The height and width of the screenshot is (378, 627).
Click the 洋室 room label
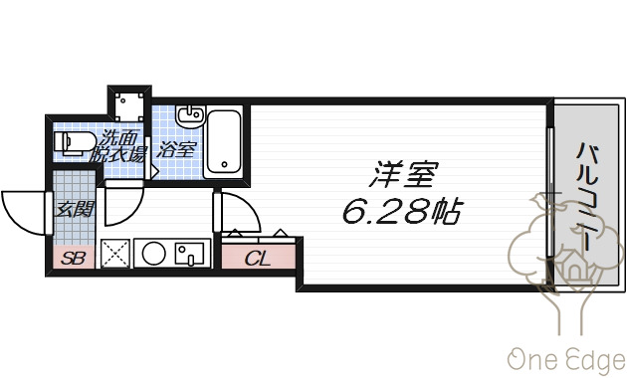[x=405, y=176]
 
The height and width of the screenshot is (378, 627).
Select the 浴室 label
[x=177, y=150]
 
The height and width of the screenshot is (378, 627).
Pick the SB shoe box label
[x=73, y=258]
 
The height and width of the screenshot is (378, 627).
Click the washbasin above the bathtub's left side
[x=190, y=116]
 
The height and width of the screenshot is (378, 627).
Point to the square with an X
[x=115, y=254]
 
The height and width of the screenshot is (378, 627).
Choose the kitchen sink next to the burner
[x=188, y=254]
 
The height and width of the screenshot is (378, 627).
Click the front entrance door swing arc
[x=22, y=209]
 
